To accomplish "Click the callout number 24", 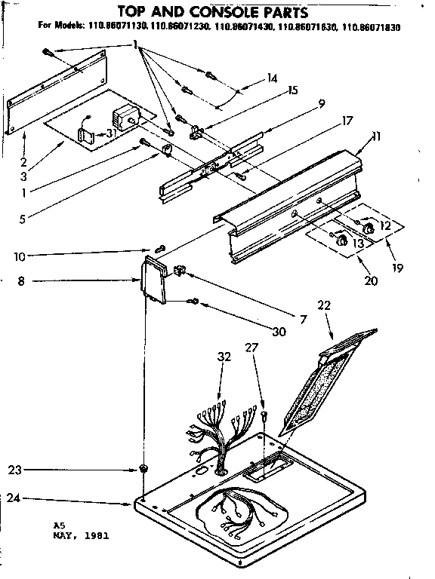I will (13, 498).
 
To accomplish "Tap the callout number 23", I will (13, 470).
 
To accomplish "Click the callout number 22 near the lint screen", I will (324, 305).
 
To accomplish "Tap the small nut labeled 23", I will (142, 470).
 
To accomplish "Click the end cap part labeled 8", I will (156, 279).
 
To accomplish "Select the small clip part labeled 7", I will (180, 270).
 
